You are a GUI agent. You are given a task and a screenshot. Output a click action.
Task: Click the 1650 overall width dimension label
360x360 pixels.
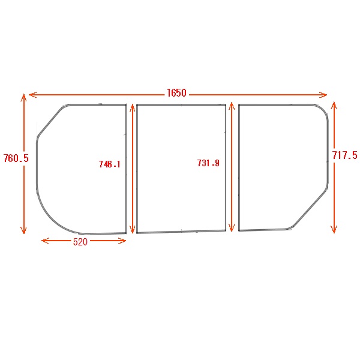[176, 93]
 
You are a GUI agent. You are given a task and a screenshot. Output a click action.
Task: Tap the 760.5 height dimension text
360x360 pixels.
[16, 158]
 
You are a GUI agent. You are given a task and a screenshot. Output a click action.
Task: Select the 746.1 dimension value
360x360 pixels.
[110, 164]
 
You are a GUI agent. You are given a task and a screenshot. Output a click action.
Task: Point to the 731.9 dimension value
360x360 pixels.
[208, 163]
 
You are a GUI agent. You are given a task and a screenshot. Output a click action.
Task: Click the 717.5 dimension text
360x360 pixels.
[345, 155]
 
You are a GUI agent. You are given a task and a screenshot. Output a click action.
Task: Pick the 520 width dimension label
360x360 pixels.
[80, 242]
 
